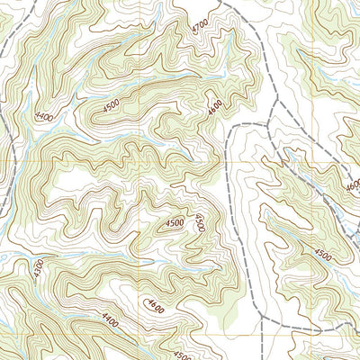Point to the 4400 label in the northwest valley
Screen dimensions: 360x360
44,117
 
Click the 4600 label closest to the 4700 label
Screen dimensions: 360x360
213,107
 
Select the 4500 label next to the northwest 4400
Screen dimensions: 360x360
111,105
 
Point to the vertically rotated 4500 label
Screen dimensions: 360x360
200,221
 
